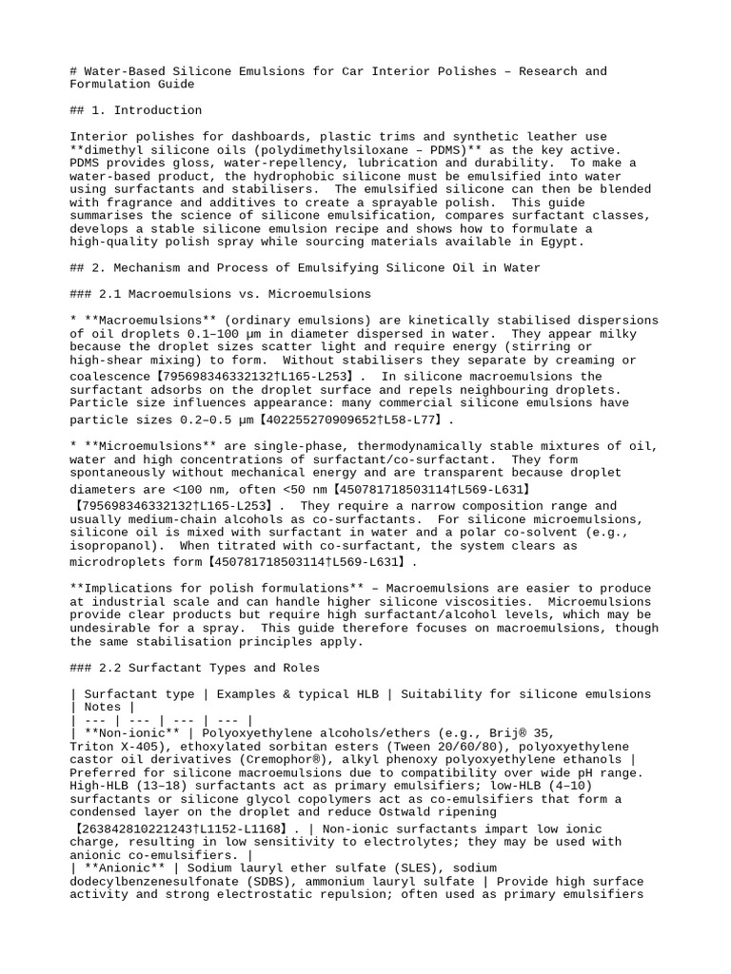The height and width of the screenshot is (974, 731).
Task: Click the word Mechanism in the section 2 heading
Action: tap(133, 268)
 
